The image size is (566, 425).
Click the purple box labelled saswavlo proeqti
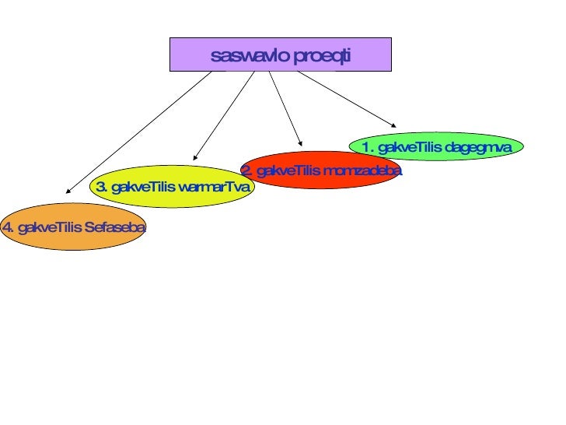pos(280,54)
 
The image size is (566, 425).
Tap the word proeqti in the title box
pos(323,57)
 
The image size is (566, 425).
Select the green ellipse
pos(436,146)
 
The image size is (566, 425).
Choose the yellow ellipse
pos(172,187)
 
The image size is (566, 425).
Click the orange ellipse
pos(74,227)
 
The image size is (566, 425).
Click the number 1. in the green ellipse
pos(368,147)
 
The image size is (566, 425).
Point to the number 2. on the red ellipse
pos(246,170)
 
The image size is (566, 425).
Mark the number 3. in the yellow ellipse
pos(101,187)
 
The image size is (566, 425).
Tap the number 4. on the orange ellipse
pos(8,227)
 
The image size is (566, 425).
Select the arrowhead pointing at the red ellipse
pos(300,140)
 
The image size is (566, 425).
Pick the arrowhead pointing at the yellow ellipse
pos(195,156)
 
